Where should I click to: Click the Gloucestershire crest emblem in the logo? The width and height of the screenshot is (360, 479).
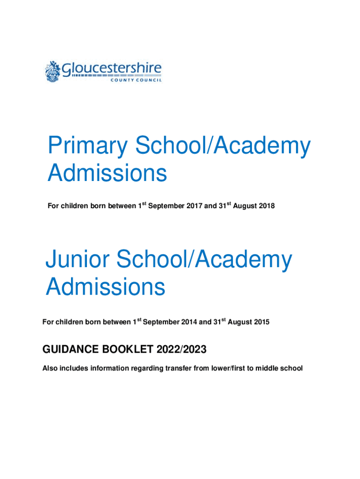click(x=53, y=72)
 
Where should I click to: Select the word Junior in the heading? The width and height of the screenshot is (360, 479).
click(x=79, y=260)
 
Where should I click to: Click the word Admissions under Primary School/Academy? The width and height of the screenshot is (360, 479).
click(x=107, y=174)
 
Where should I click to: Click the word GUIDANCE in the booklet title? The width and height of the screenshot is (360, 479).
click(x=70, y=349)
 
